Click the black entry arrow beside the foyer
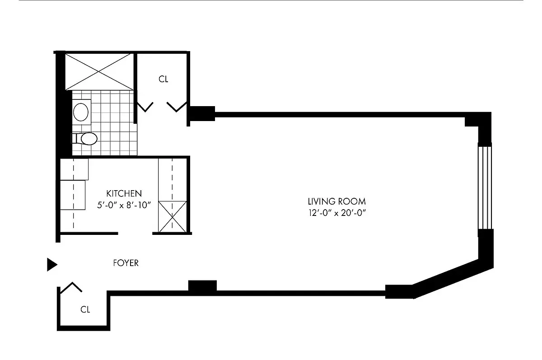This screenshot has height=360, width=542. pyautogui.click(x=52, y=265)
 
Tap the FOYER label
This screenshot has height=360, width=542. pyautogui.click(x=126, y=263)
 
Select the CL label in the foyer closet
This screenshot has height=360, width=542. pyautogui.click(x=85, y=310)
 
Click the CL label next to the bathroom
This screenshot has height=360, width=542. pyautogui.click(x=163, y=79)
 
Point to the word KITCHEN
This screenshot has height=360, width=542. pyautogui.click(x=124, y=193)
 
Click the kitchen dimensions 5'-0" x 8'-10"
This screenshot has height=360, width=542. pyautogui.click(x=124, y=205)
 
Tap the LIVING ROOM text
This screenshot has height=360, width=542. pyautogui.click(x=336, y=201)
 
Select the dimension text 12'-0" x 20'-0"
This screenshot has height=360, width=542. pyautogui.click(x=336, y=213)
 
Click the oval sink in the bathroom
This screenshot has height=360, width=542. pyautogui.click(x=81, y=112)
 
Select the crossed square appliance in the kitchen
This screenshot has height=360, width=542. pyautogui.click(x=171, y=217)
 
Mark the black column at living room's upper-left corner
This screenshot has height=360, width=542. pyautogui.click(x=201, y=113)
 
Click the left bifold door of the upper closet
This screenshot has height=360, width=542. pyautogui.click(x=145, y=107)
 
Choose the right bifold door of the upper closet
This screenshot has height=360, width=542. pyautogui.click(x=177, y=107)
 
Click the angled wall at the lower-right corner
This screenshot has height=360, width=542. pyautogui.click(x=447, y=278)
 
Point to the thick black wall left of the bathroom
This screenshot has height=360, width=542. pyautogui.click(x=61, y=122)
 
